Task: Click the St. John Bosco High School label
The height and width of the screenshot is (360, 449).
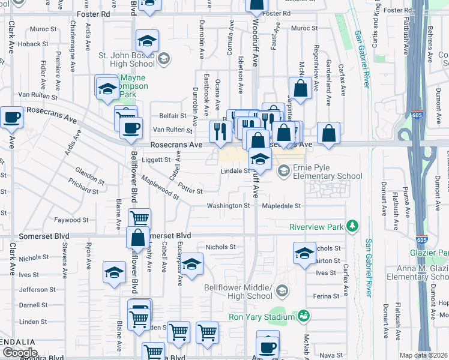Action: coord(126,59)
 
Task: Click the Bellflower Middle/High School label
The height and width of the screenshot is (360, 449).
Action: coord(238,292)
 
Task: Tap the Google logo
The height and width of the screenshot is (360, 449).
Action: coord(20,353)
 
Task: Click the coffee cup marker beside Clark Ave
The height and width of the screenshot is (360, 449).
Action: coord(11,118)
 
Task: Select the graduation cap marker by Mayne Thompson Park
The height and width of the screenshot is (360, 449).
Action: coord(107,88)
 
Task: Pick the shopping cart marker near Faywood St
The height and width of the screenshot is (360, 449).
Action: coord(139,220)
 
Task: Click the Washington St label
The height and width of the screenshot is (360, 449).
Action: coord(228,206)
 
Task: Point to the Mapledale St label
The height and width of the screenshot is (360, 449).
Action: coord(280,206)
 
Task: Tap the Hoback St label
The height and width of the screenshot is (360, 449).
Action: coord(29,44)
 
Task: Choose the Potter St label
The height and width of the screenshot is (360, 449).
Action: coord(190,190)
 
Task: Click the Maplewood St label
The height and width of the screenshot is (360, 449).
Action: coord(159,187)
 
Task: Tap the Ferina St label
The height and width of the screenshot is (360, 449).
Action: coord(327,296)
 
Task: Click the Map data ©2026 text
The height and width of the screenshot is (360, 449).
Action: coord(424,355)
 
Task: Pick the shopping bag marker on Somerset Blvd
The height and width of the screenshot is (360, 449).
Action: coord(138,238)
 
